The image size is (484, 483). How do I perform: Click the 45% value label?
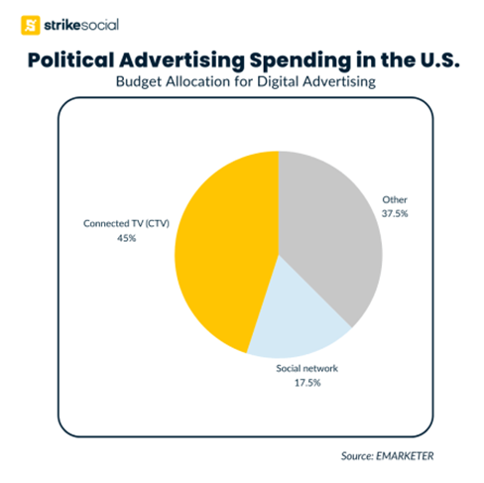coord(126,238)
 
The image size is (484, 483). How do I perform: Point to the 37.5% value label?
coord(395,213)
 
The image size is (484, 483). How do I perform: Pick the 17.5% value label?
coord(307,383)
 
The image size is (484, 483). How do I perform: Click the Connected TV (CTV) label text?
coord(126,224)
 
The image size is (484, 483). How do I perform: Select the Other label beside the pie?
coord(395,199)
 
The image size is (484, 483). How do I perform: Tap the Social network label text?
coord(307,368)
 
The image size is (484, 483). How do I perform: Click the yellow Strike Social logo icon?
coord(31,25)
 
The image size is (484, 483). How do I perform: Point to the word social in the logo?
coord(99,25)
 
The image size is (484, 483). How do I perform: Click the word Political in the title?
coord(70,60)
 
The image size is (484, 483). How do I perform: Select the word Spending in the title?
coord(301,61)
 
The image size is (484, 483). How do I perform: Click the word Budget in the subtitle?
coord(139,82)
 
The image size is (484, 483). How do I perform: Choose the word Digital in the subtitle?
coord(278,82)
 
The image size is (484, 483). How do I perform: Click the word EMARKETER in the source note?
coord(405,456)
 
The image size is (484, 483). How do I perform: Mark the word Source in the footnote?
coord(357,456)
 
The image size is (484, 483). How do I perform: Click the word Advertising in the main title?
coord(181,61)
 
